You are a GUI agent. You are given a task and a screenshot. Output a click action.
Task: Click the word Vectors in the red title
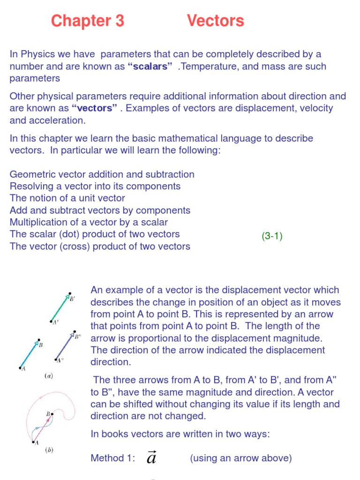215,21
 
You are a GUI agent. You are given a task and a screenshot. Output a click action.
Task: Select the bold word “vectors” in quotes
94,108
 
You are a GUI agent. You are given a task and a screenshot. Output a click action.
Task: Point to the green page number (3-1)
272,236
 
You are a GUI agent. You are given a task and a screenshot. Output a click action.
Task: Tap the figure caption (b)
49,450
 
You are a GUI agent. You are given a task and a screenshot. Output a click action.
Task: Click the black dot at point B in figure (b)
52,414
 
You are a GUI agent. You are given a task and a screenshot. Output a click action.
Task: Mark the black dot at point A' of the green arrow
51,321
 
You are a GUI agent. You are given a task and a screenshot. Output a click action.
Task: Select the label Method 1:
112,458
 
